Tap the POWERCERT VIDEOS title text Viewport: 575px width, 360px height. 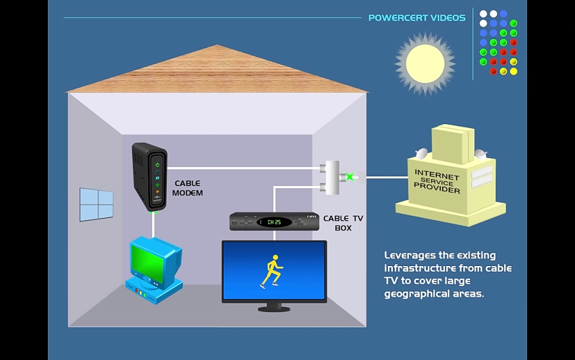point(417,18)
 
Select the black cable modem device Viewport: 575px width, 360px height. point(149,176)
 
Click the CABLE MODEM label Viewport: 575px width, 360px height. point(187,188)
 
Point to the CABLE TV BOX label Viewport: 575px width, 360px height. point(343,223)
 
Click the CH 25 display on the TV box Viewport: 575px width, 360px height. point(275,222)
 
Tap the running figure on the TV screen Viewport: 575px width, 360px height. point(272,271)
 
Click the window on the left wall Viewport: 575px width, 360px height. point(96,205)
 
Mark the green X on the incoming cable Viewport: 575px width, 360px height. point(349,176)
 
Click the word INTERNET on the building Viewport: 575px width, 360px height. point(437,175)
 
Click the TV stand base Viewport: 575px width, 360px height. point(274,308)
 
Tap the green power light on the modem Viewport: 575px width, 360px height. point(157,164)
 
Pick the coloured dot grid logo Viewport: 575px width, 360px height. point(498,42)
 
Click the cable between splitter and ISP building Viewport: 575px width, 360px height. point(383,177)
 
